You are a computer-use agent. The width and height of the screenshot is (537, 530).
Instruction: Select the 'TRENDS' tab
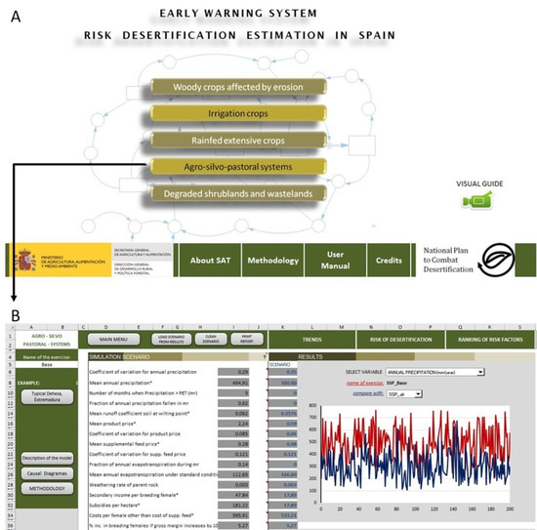click(313, 340)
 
